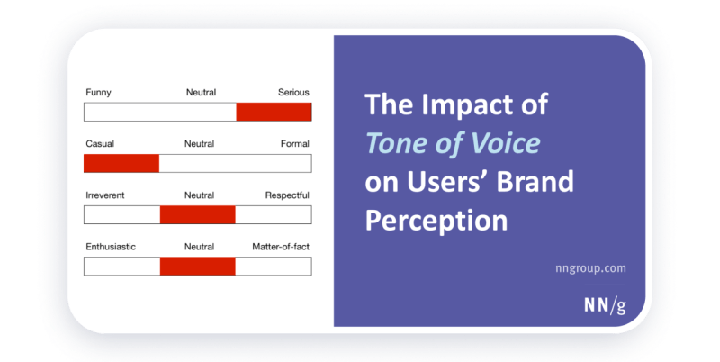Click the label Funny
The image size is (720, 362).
pos(99,92)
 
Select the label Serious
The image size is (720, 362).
pos(292,92)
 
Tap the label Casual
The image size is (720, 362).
pos(100,143)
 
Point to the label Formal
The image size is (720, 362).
pos(294,143)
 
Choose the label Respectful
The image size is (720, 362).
pos(287,195)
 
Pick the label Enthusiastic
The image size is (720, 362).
pos(111,246)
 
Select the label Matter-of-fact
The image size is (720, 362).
pos(281,246)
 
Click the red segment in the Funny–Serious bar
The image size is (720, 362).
pos(274,112)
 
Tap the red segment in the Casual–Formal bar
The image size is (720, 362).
pos(121,163)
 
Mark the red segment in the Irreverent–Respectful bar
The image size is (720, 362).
pos(197,214)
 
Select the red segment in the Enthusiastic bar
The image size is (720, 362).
pos(197,266)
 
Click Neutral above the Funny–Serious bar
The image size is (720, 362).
pos(200,92)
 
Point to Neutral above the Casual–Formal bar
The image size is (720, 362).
pos(199,143)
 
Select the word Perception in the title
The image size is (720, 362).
pos(436,219)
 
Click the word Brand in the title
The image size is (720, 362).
pos(536,181)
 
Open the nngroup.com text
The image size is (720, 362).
pos(589,267)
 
